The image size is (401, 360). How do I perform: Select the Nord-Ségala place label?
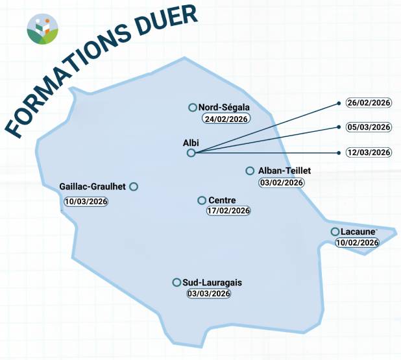pyautogui.click(x=224, y=108)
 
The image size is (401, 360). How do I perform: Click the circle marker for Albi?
pyautogui.click(x=191, y=153)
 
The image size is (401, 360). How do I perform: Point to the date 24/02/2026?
pyautogui.click(x=226, y=119)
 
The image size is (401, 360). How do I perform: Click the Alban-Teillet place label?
pyautogui.click(x=285, y=171)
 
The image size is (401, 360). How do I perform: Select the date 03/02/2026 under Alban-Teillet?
pyautogui.click(x=282, y=182)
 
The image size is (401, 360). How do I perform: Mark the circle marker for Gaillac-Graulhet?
pyautogui.click(x=134, y=187)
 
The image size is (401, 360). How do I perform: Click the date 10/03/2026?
pyautogui.click(x=86, y=201)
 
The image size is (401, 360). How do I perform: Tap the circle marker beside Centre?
pyautogui.click(x=202, y=200)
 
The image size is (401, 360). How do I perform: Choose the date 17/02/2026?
pyautogui.click(x=228, y=211)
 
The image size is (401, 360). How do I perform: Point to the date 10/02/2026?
pyautogui.click(x=357, y=243)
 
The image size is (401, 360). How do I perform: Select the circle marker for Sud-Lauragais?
pyautogui.click(x=176, y=282)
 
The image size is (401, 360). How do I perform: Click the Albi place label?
pyautogui.click(x=191, y=142)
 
